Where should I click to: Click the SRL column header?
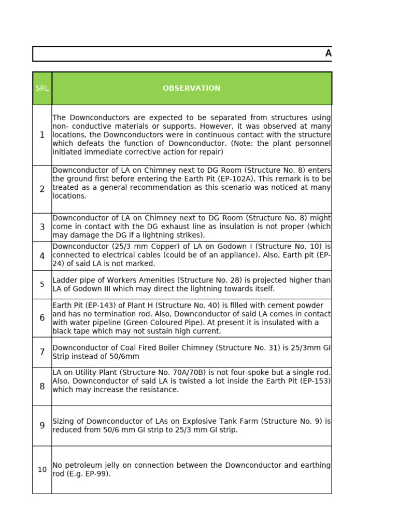click(42, 88)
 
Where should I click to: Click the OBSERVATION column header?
click(191, 88)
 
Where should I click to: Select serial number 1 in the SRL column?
click(42, 135)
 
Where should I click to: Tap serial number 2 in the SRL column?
click(42, 189)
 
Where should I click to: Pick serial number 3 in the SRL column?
click(42, 227)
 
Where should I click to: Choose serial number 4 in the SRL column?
click(42, 256)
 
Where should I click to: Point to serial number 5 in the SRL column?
click(42, 284)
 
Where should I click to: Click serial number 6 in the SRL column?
click(42, 317)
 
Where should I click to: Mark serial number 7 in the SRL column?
click(42, 352)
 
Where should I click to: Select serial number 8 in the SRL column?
click(42, 386)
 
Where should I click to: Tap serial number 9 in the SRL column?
click(42, 425)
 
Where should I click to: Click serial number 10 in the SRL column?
click(42, 469)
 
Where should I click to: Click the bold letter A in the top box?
click(328, 53)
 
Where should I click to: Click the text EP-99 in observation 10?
click(99, 474)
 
